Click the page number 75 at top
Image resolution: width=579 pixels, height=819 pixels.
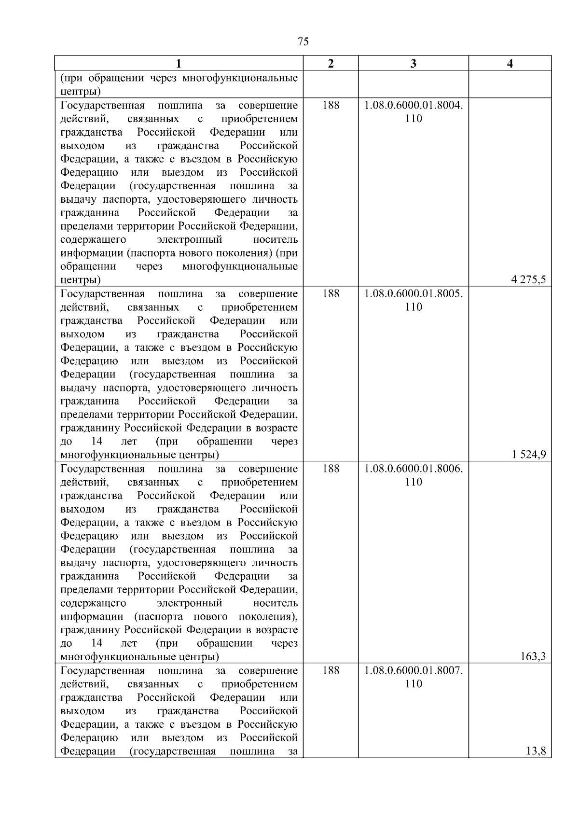pos(303,42)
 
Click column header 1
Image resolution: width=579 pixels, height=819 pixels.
pos(179,64)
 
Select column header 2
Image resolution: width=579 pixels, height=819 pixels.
pos(331,64)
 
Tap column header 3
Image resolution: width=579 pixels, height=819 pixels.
pos(414,64)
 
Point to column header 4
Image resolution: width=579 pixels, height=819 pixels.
pos(510,64)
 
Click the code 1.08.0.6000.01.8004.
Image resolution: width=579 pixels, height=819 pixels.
pos(414,105)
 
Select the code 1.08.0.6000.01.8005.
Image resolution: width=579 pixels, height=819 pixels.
pos(414,294)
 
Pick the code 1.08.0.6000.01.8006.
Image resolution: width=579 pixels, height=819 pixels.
pos(414,469)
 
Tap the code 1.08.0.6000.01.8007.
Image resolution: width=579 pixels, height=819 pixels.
pos(414,670)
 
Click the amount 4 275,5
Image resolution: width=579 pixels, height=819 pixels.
pos(529,280)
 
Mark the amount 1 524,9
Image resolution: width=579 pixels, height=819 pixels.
pos(529,455)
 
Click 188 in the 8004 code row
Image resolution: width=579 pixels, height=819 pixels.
pos(331,105)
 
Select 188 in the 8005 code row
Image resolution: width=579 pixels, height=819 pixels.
pos(331,294)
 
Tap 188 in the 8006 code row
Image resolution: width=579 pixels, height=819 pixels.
pos(331,469)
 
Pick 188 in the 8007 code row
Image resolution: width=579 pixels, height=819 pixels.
pos(331,670)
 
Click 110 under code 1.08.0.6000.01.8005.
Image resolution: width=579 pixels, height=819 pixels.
pos(414,307)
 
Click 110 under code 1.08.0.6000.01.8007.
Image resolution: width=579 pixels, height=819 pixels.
pos(414,683)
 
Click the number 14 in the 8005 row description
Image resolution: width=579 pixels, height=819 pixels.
pos(96,441)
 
